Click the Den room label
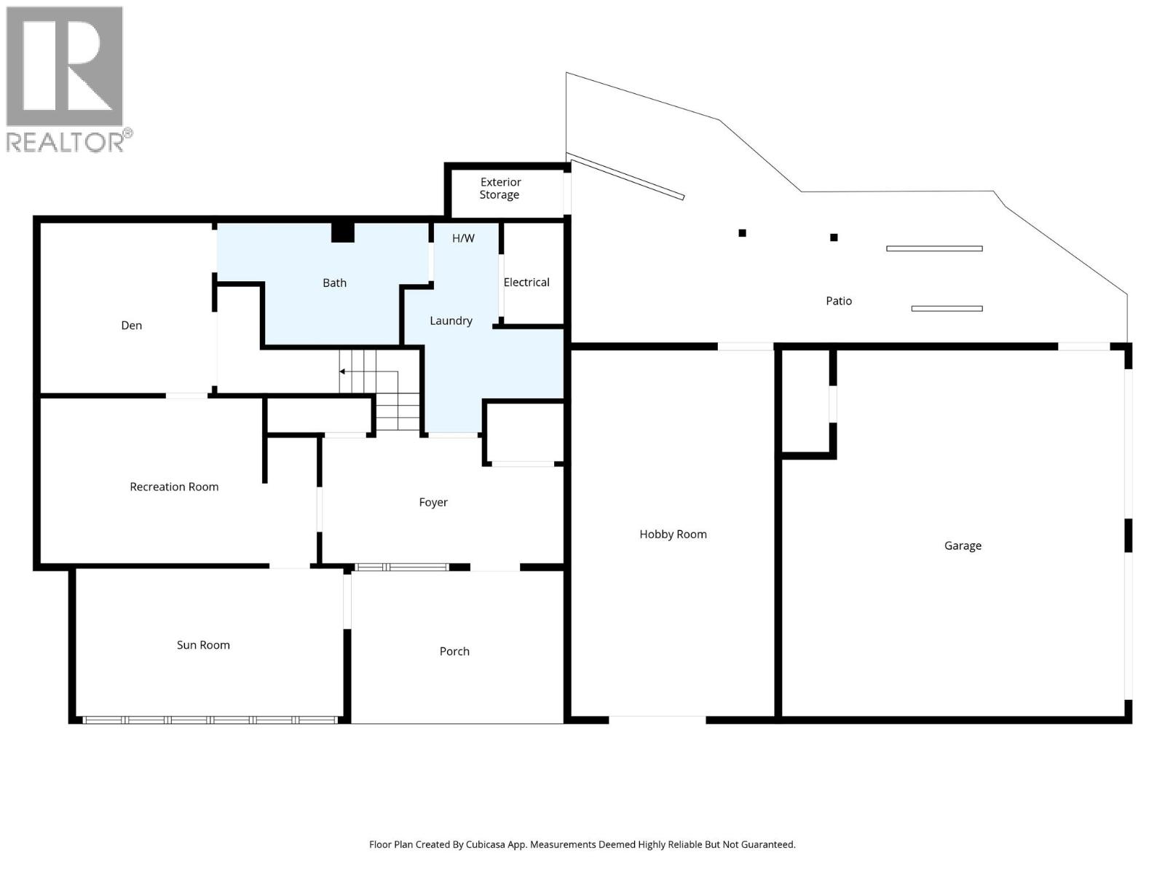coord(131,326)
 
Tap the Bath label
coord(334,283)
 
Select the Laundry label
coord(451,320)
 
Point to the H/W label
coord(463,238)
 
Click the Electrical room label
coord(526,283)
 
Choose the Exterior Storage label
coord(500,189)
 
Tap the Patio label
coord(838,301)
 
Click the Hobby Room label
coord(673,534)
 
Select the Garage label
coord(963,546)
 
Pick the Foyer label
coord(433,502)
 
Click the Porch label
coord(454,651)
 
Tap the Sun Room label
coord(203,645)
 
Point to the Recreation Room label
coord(174,487)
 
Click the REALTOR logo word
coord(66,141)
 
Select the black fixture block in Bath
coord(342,232)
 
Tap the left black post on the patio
coord(742,233)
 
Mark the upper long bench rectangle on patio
coord(934,248)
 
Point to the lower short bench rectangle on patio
coord(947,308)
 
